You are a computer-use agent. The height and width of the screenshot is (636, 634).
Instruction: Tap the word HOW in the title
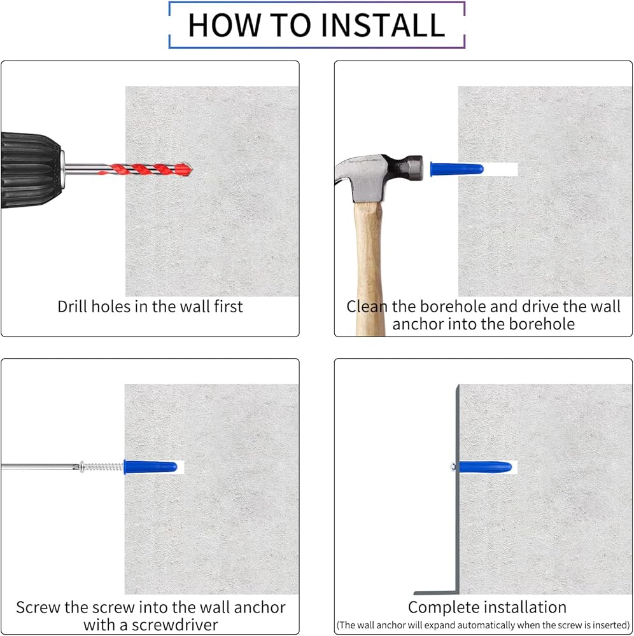(x=223, y=25)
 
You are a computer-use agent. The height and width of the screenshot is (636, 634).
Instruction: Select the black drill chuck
(x=31, y=170)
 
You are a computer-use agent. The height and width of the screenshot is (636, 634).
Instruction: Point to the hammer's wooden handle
(x=369, y=268)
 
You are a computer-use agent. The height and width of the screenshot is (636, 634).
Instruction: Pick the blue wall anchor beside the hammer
(x=456, y=169)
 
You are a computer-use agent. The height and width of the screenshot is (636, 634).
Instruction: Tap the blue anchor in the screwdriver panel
(x=150, y=467)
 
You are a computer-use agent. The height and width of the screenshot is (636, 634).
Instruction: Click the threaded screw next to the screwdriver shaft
(x=101, y=467)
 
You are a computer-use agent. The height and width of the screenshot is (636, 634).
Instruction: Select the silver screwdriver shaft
(x=39, y=467)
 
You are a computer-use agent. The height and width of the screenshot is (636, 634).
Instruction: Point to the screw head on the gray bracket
(x=453, y=467)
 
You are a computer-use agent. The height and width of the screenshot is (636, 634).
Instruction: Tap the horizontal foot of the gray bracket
(x=436, y=593)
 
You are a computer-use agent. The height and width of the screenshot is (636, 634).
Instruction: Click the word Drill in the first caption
(x=73, y=307)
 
